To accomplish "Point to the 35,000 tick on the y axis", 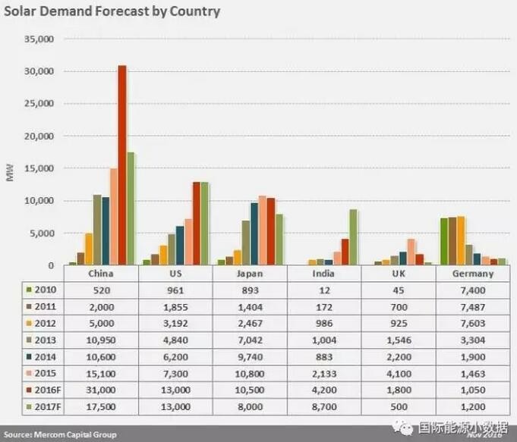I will [x=39, y=39].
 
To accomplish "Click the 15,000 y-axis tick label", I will [x=39, y=168].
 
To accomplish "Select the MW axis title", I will [x=10, y=176].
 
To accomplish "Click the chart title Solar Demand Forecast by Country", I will [x=112, y=11].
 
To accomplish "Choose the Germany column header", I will [x=474, y=274].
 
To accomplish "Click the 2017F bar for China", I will [x=131, y=208].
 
